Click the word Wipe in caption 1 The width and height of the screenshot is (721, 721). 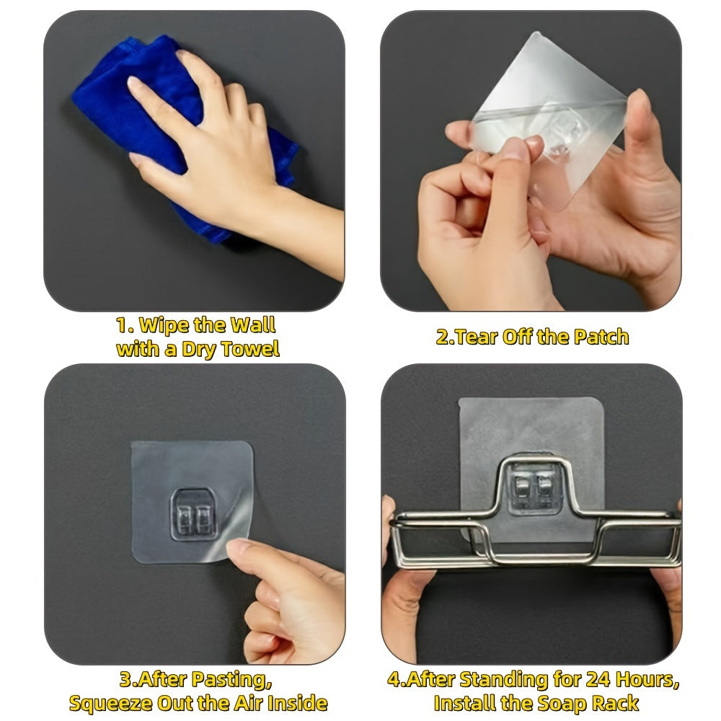tap(164, 326)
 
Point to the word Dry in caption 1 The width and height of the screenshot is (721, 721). tap(199, 350)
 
